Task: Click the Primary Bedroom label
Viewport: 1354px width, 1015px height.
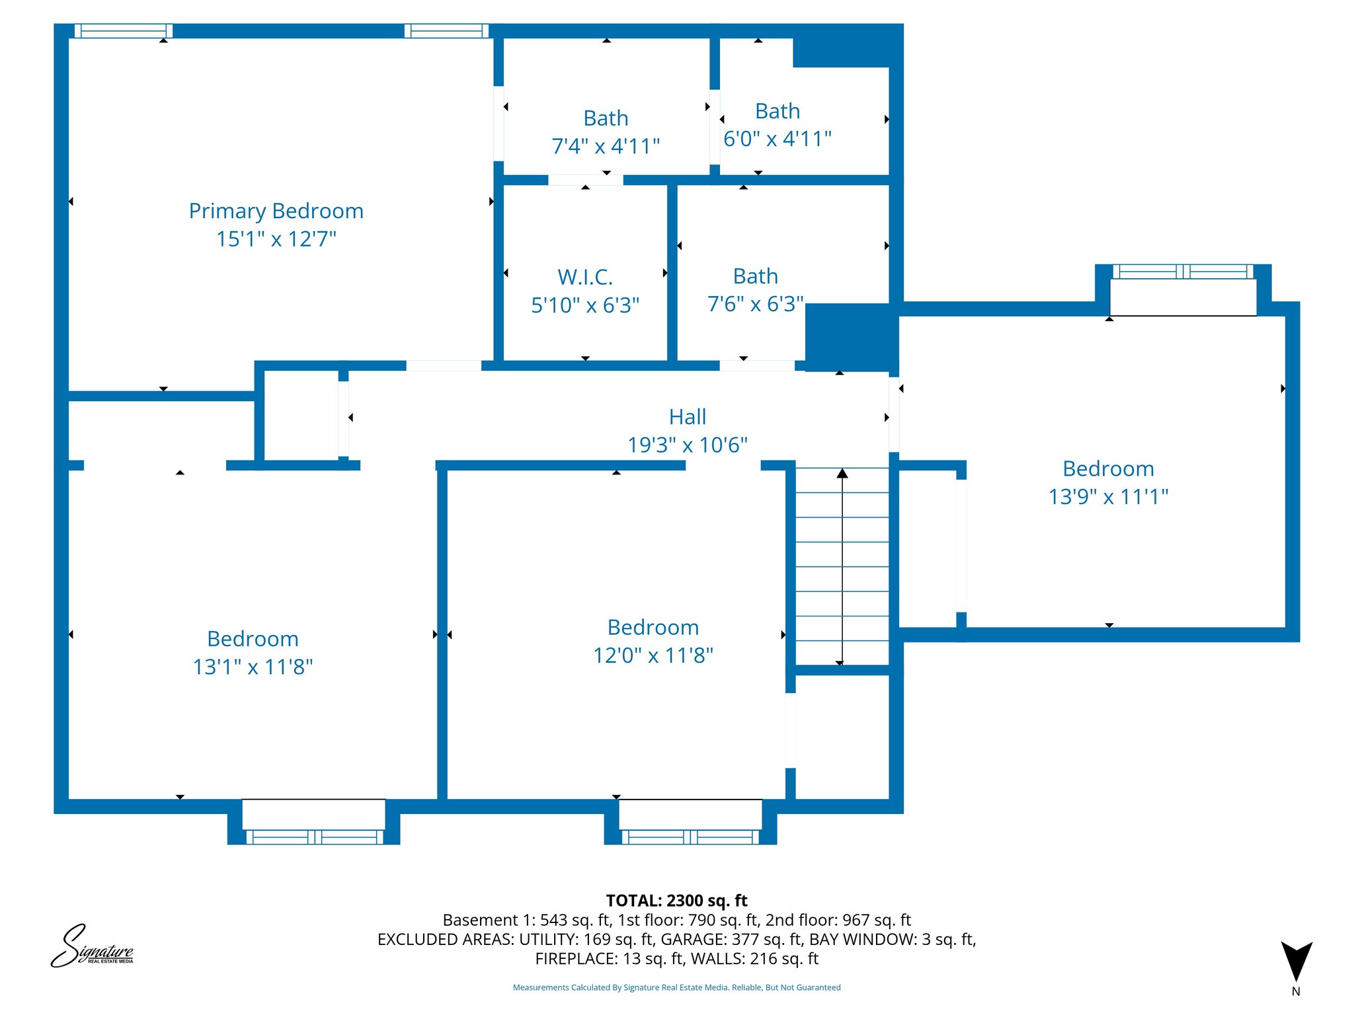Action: point(276,211)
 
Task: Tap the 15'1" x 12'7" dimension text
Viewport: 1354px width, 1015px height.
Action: point(276,239)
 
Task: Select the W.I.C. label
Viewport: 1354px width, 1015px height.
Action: point(585,277)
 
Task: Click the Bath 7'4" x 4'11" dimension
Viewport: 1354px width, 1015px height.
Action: point(606,146)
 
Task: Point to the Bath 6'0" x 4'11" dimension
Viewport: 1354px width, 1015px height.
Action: point(777,139)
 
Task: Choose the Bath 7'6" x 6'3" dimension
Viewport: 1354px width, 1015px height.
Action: point(755,304)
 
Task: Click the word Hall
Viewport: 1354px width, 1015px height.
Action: point(687,417)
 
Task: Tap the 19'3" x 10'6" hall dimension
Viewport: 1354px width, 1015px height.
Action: point(687,445)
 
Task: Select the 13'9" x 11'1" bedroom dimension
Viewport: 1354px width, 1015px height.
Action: point(1108,496)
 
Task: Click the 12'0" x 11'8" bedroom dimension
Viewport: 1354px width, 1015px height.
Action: point(653,655)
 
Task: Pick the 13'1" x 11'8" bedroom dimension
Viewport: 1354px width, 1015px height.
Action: point(253,667)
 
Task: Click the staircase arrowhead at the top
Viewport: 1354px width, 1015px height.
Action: point(842,473)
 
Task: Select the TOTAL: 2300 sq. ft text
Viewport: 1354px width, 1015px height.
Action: point(676,901)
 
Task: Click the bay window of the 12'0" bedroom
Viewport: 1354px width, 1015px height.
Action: point(690,821)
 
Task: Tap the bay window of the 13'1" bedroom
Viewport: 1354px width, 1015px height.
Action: point(313,821)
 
